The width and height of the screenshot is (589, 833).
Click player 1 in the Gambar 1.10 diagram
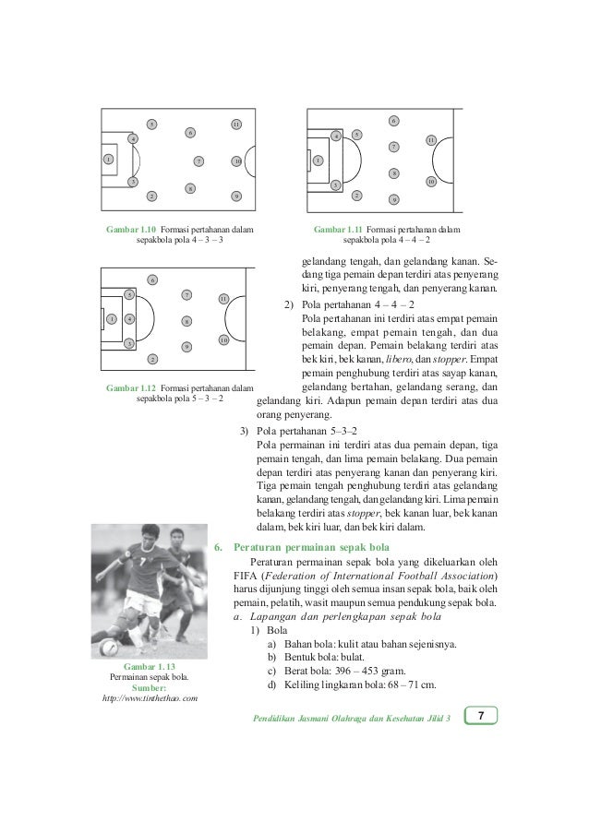click(x=108, y=160)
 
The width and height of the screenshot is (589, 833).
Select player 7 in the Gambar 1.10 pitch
click(x=198, y=161)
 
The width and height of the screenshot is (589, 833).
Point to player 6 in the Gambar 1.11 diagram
click(x=393, y=121)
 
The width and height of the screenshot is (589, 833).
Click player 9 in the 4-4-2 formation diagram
click(x=394, y=199)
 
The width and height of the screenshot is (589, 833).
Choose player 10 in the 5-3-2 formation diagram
click(x=223, y=340)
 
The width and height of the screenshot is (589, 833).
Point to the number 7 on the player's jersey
click(x=145, y=559)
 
